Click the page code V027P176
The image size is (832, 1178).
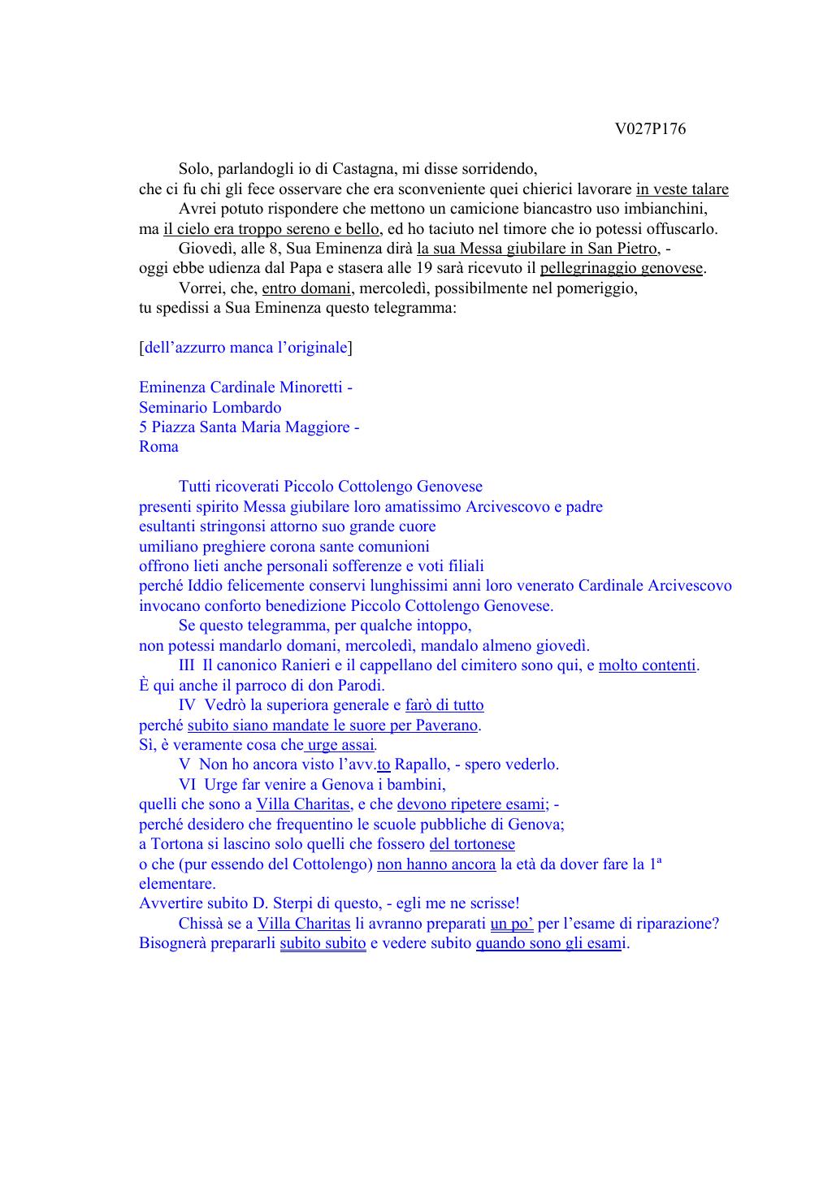click(x=650, y=129)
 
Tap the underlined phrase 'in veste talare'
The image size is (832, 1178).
click(x=682, y=189)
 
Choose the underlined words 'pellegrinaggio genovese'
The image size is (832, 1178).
click(x=621, y=268)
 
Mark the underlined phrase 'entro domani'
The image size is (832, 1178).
click(x=308, y=288)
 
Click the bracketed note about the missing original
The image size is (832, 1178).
click(x=245, y=348)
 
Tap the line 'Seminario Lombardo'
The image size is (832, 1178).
click(x=210, y=407)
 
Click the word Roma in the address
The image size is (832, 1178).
click(x=158, y=447)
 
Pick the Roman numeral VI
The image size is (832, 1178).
click(x=188, y=785)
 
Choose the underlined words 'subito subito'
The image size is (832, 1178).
click(x=323, y=943)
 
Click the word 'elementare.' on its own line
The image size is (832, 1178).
click(x=177, y=884)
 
